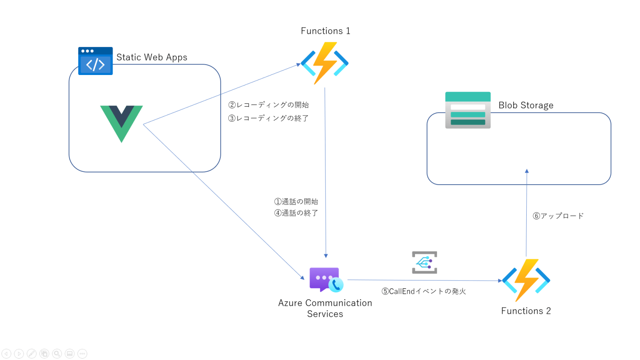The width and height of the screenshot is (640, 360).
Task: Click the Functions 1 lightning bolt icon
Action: [x=325, y=63]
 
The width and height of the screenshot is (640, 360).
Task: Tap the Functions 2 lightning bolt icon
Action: [x=526, y=280]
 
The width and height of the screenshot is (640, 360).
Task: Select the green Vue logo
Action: [x=121, y=123]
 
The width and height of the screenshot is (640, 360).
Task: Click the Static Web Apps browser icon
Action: [x=95, y=61]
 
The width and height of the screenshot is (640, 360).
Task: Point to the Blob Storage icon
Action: [x=467, y=110]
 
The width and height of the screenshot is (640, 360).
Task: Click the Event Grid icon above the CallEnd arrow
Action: [x=424, y=262]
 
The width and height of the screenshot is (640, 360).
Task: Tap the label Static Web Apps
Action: [x=152, y=57]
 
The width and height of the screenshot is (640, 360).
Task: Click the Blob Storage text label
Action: [x=526, y=105]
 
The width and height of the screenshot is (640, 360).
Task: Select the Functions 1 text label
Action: [x=325, y=31]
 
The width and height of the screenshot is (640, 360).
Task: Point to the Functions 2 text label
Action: [x=526, y=311]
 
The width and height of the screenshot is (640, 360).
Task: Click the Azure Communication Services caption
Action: [x=325, y=308]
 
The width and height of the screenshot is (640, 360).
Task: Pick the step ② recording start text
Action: [x=268, y=105]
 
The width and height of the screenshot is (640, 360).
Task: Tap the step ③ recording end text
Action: [x=268, y=118]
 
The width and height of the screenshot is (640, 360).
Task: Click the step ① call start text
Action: [x=296, y=202]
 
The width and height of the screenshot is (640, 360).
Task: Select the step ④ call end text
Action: [x=296, y=213]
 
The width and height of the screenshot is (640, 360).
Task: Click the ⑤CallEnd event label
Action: [x=423, y=291]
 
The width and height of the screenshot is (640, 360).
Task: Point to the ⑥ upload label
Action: [x=558, y=216]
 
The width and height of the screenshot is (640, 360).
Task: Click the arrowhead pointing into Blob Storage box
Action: [x=527, y=171]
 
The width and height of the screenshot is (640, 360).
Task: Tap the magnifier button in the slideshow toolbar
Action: [x=57, y=354]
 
